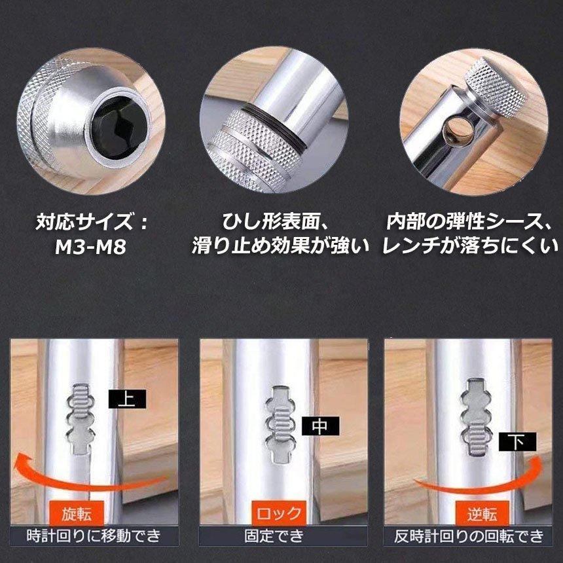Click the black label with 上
click(x=126, y=399)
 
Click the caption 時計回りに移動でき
click(x=92, y=536)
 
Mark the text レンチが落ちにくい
click(x=471, y=247)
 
